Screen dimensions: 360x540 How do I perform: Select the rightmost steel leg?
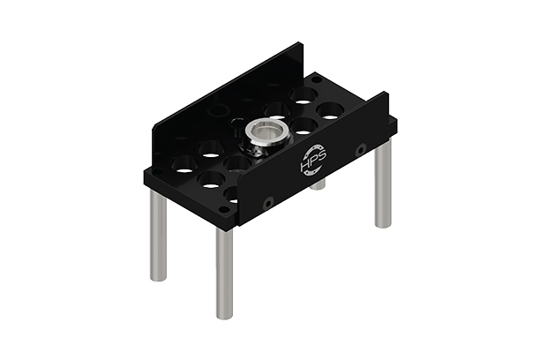coord(382,184)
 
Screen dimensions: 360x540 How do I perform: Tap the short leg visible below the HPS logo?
coord(319,184)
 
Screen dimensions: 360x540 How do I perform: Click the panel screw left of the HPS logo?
coord(268,203)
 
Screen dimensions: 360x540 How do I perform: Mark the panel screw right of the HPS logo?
coord(361,151)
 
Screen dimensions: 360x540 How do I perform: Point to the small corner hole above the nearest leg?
coord(224,210)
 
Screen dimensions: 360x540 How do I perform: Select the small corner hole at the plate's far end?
coord(316,79)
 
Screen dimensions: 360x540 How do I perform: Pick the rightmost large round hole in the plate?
coord(330,111)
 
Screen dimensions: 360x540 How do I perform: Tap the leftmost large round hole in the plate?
coord(184,163)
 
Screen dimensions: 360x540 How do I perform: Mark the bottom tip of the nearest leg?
coord(224,316)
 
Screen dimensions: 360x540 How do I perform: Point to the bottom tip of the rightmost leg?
coord(382,225)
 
